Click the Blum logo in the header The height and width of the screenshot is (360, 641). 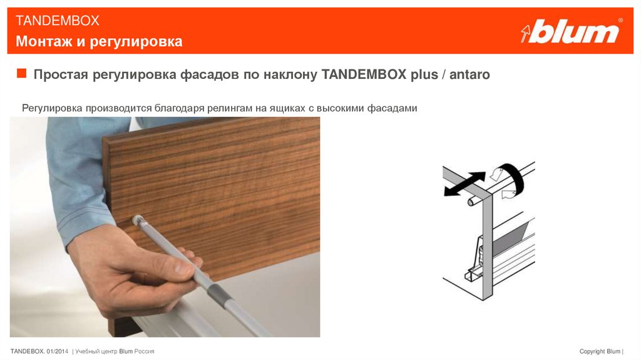tap(572, 31)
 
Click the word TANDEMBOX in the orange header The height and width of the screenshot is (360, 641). tap(57, 21)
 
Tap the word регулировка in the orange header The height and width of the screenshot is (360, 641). tap(136, 42)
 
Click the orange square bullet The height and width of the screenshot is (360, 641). tap(21, 73)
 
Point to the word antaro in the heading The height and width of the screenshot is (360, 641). tap(469, 75)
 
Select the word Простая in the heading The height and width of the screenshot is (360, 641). tap(61, 75)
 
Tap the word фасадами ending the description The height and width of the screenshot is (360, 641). tap(392, 108)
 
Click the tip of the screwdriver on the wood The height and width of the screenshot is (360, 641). tap(137, 220)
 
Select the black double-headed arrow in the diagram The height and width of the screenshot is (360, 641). tap(464, 184)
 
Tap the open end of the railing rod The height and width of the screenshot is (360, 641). tap(471, 202)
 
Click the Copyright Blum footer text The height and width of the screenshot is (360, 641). tap(600, 351)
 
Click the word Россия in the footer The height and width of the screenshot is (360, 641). tap(145, 351)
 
